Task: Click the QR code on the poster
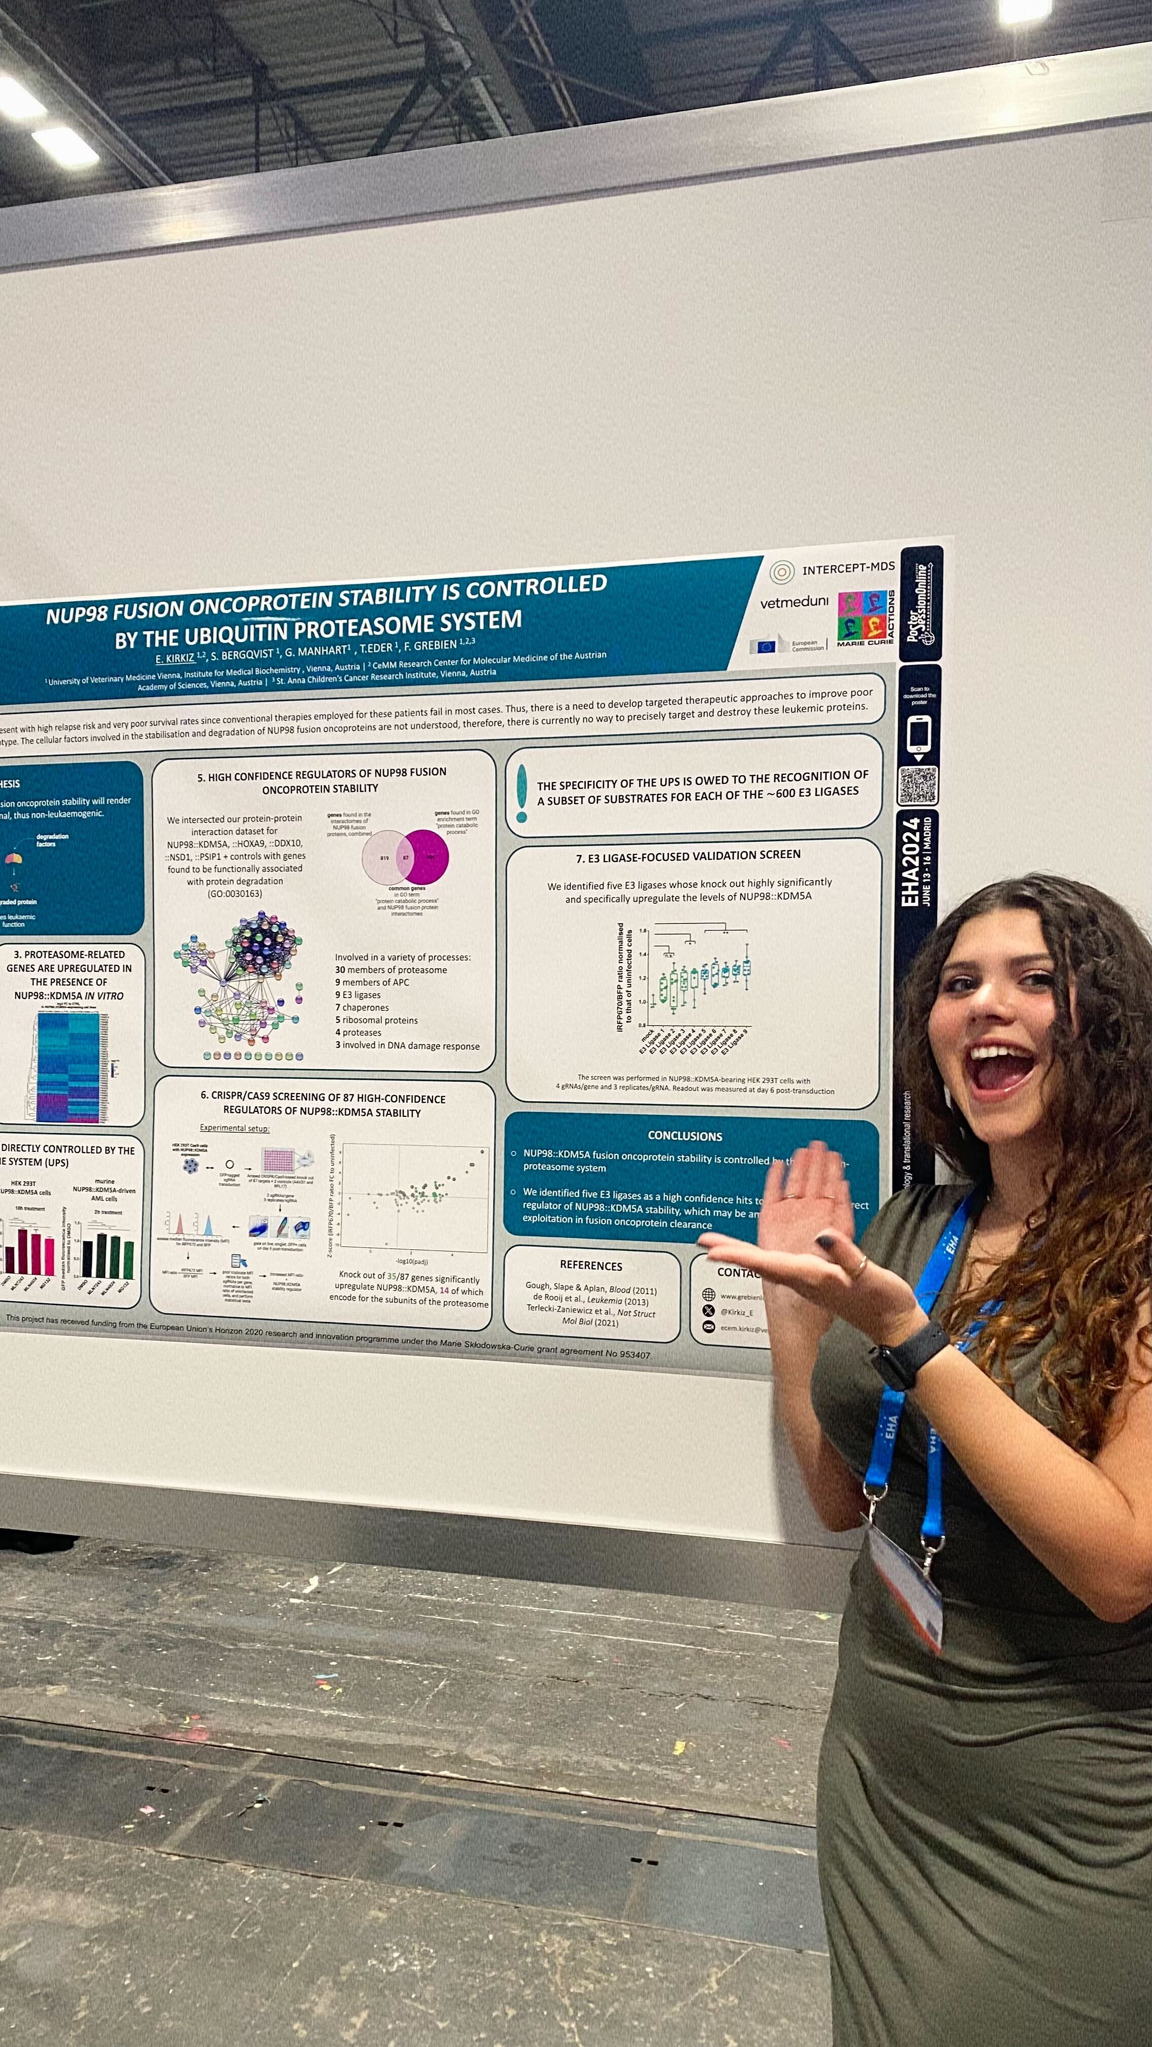click(x=917, y=785)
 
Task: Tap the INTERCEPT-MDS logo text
click(x=848, y=568)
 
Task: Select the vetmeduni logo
click(x=794, y=602)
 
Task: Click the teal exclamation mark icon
click(x=521, y=793)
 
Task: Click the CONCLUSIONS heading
click(x=685, y=1136)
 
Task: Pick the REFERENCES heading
click(x=590, y=1265)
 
